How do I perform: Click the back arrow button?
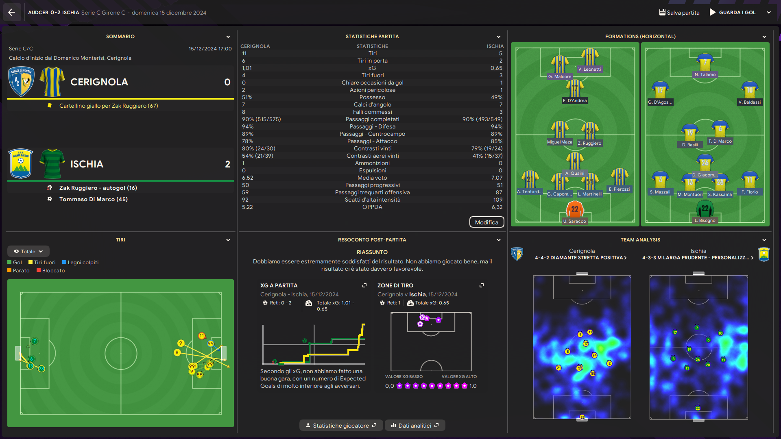(x=11, y=12)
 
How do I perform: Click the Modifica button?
(x=486, y=222)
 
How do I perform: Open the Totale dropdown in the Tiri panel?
(x=28, y=252)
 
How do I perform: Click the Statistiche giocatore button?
(x=341, y=426)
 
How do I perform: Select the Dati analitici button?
(x=414, y=426)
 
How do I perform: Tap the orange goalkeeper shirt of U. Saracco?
(x=575, y=210)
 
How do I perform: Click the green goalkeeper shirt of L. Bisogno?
(x=705, y=209)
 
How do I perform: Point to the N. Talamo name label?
(x=705, y=75)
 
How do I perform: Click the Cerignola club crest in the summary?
(x=21, y=82)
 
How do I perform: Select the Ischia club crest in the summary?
(x=21, y=164)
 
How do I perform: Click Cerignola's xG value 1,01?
(x=247, y=68)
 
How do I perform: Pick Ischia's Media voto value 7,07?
(x=496, y=178)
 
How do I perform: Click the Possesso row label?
(x=372, y=98)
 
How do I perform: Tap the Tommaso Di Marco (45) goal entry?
(x=93, y=199)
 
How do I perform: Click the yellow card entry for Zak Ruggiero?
(x=108, y=106)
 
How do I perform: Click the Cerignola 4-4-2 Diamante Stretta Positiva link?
(x=580, y=258)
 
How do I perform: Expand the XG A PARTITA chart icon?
(x=364, y=285)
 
